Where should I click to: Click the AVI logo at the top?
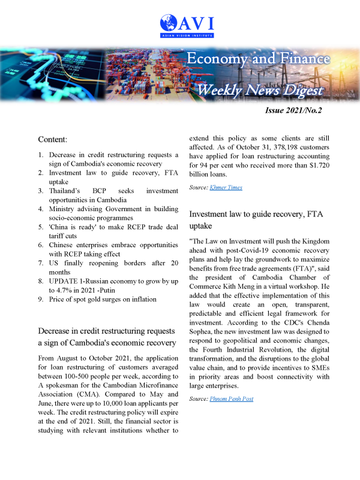(x=187, y=25)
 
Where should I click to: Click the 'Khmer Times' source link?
(x=226, y=188)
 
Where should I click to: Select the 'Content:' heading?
(x=53, y=139)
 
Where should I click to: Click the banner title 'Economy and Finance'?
(x=258, y=59)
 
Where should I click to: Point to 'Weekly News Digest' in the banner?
(x=260, y=91)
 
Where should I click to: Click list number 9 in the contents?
(x=41, y=299)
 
